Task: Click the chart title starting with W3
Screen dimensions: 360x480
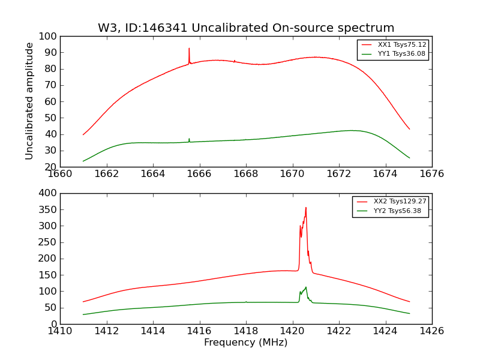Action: click(246, 28)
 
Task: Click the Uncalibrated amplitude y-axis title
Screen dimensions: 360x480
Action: click(29, 101)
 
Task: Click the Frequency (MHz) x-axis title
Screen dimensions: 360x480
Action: click(245, 343)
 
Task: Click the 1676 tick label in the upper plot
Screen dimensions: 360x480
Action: click(431, 174)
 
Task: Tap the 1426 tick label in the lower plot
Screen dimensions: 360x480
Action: click(431, 331)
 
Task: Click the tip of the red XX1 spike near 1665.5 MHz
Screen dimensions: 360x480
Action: click(189, 49)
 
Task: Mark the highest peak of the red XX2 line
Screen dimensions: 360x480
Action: click(306, 208)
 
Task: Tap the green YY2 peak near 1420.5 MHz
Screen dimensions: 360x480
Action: click(306, 287)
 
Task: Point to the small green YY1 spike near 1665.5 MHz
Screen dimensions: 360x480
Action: click(189, 139)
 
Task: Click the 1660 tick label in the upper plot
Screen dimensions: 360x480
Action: click(60, 174)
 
